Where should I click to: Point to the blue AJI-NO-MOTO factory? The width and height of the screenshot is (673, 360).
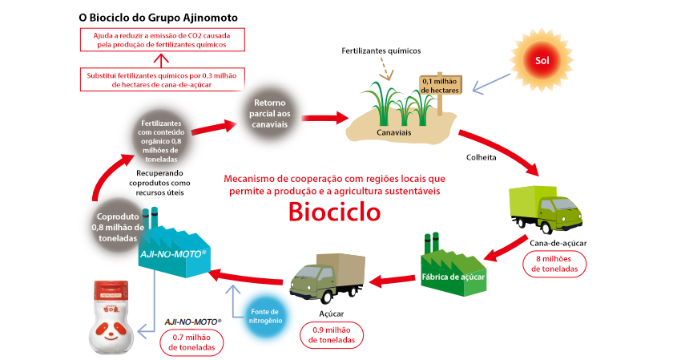(171, 245)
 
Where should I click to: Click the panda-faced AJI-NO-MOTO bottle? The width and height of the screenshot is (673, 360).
(112, 316)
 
